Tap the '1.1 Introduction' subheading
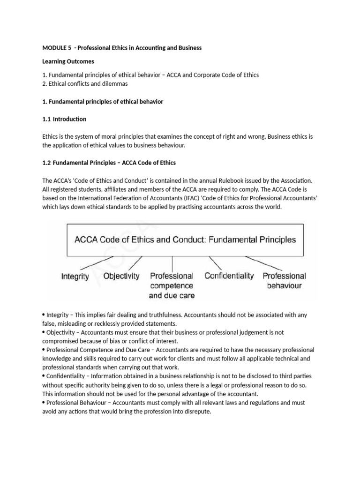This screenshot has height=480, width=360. pyautogui.click(x=64, y=119)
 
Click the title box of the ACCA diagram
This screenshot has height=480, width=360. pyautogui.click(x=185, y=239)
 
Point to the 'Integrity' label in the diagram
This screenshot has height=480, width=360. pyautogui.click(x=75, y=277)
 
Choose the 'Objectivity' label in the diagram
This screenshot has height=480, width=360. pyautogui.click(x=121, y=276)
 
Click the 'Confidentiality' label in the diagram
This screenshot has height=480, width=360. pyautogui.click(x=229, y=276)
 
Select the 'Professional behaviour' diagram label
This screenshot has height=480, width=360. pyautogui.click(x=284, y=281)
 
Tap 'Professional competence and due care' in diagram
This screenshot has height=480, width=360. pyautogui.click(x=171, y=285)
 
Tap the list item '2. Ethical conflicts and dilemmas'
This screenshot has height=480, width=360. pyautogui.click(x=85, y=84)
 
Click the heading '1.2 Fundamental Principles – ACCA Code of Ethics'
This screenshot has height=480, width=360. pyautogui.click(x=109, y=163)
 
